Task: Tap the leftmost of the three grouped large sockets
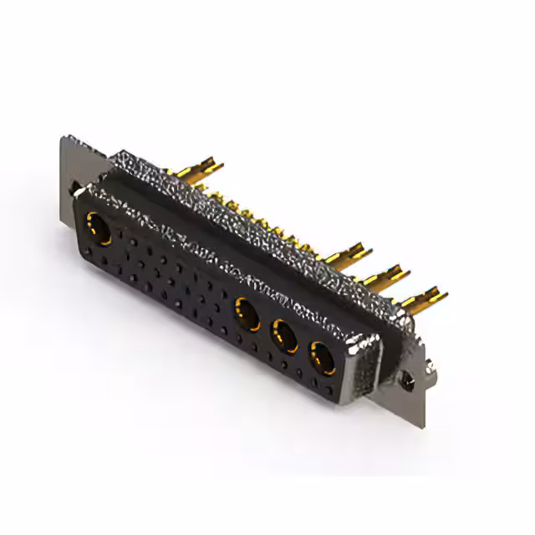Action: click(x=247, y=313)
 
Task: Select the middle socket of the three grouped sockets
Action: click(x=285, y=336)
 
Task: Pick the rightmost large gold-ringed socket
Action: click(x=322, y=355)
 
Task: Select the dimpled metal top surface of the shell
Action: click(x=251, y=205)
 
